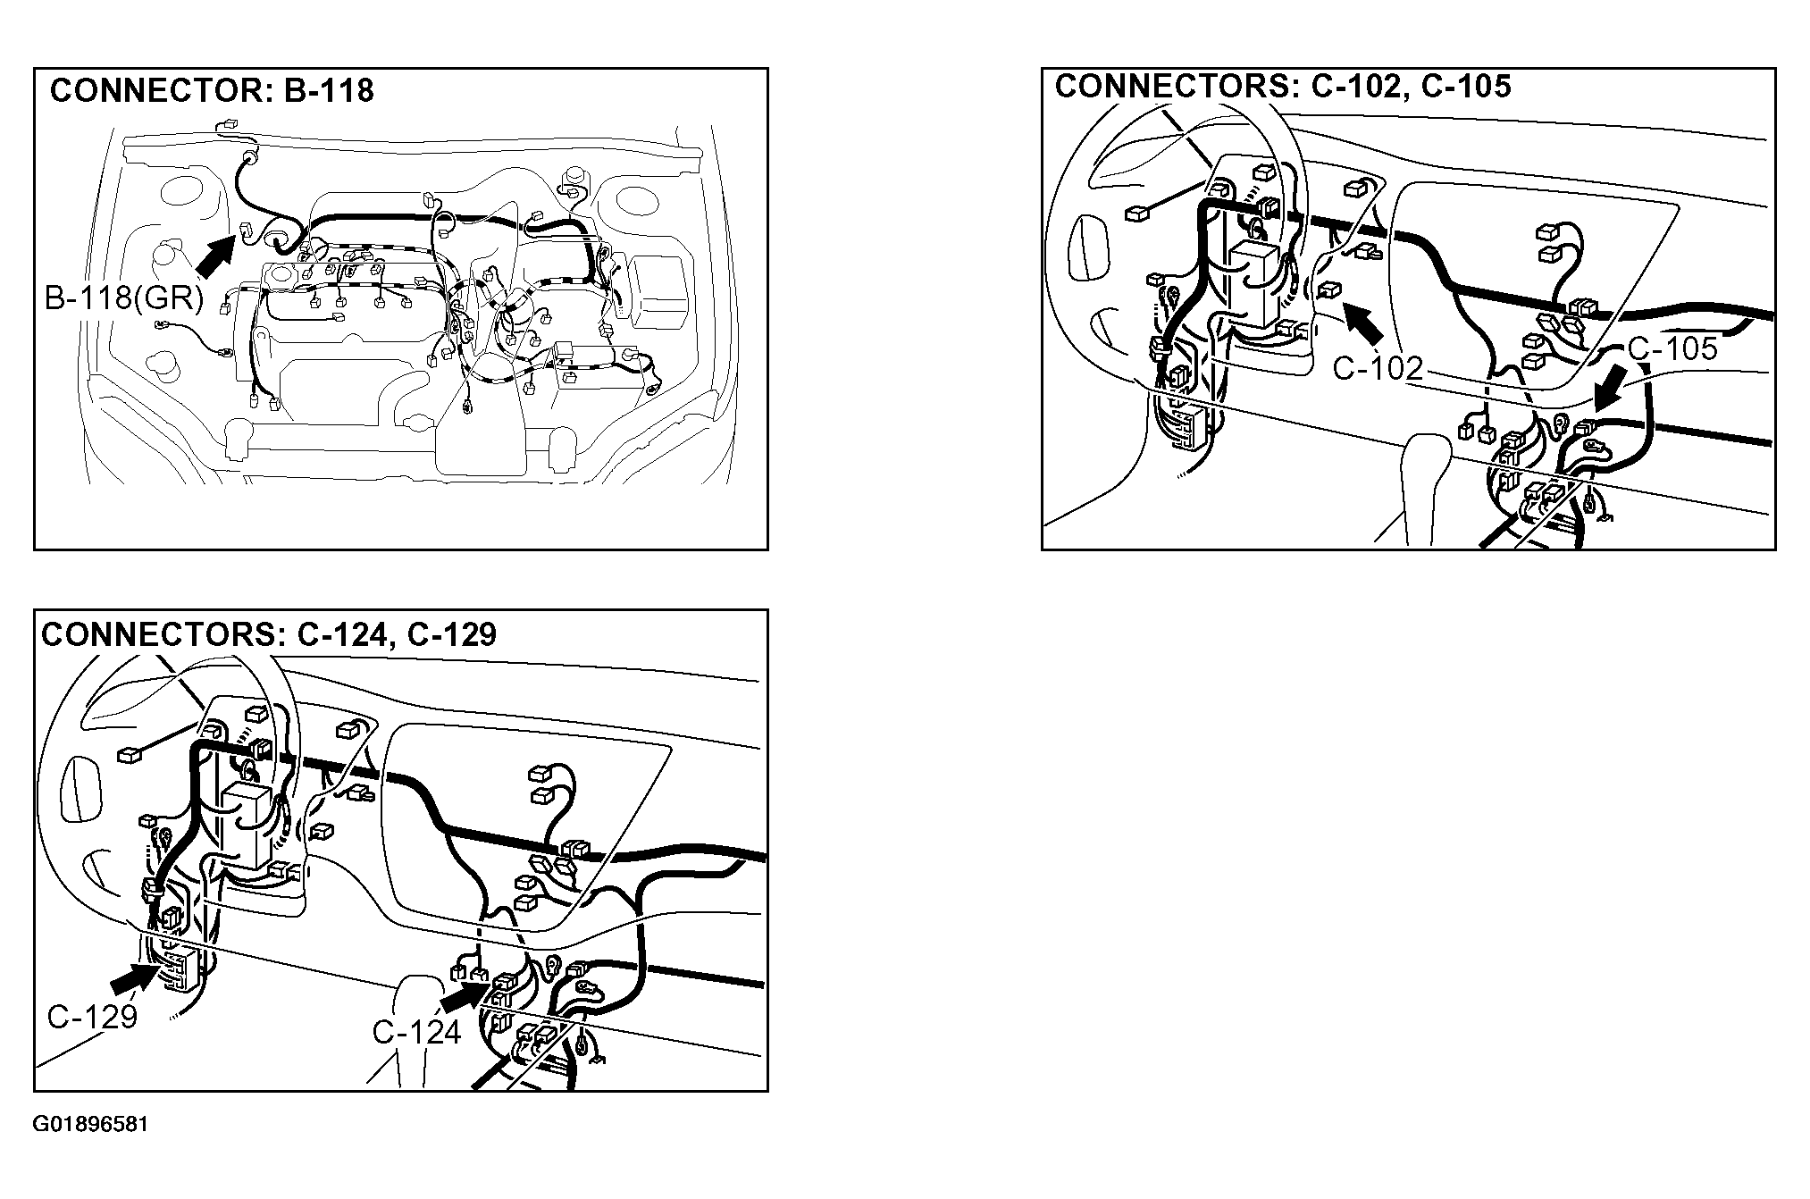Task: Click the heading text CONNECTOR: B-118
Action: click(212, 91)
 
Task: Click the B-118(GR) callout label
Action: click(124, 298)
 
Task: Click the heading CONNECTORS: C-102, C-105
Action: click(1283, 86)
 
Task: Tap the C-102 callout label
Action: click(1378, 367)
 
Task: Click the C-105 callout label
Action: click(1672, 348)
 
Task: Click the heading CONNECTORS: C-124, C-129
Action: click(269, 634)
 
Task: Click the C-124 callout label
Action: click(416, 1032)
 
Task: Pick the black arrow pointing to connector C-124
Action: click(465, 995)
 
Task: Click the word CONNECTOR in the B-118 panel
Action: click(152, 91)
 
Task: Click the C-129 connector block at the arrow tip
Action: click(178, 970)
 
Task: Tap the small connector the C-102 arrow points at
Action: click(1328, 289)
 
